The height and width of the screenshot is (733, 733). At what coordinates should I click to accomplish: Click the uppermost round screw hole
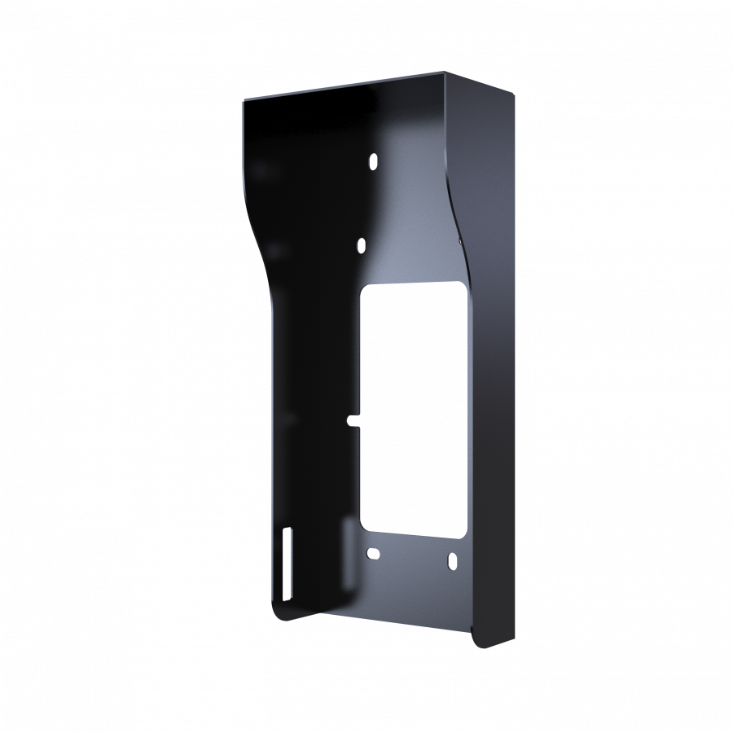tap(373, 161)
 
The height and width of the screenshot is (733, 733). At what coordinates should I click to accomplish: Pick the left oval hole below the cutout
tap(373, 554)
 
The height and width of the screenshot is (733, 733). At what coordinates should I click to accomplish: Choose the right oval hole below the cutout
tap(450, 561)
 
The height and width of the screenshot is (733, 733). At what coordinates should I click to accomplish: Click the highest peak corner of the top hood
tap(446, 72)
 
